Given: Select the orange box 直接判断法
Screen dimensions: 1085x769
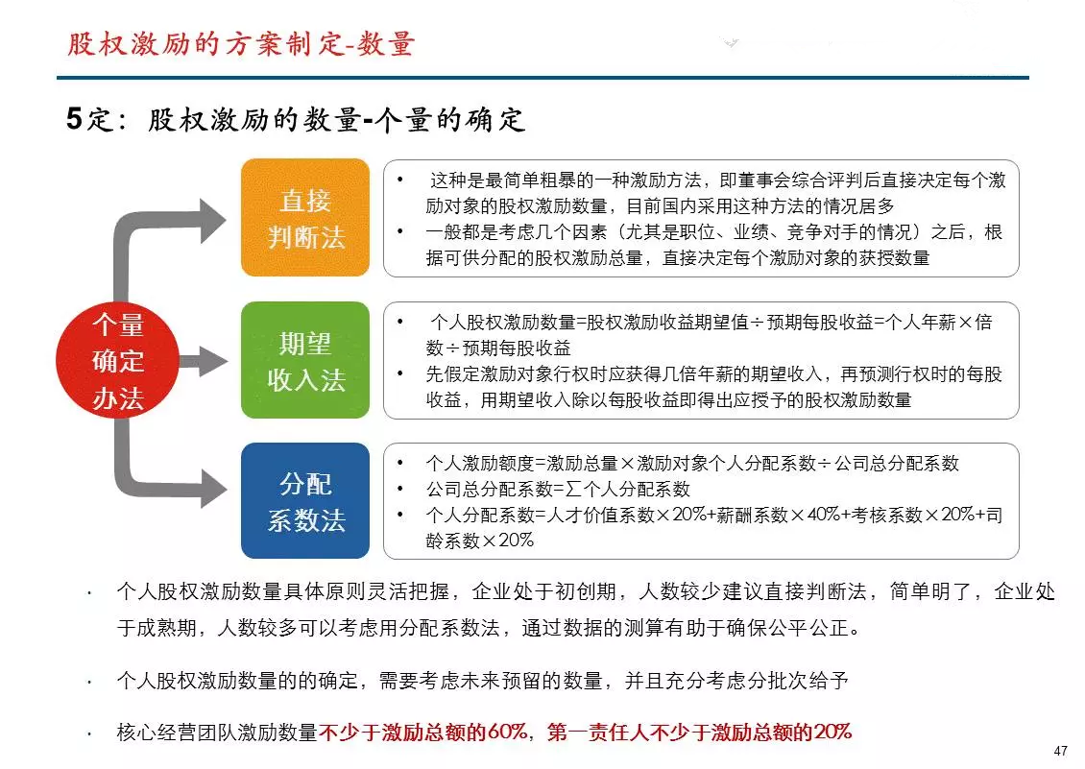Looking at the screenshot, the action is click(305, 217).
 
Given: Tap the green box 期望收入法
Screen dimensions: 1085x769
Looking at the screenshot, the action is click(305, 360).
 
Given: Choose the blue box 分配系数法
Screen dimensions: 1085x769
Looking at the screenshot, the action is click(305, 500).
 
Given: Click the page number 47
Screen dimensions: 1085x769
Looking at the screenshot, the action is click(1060, 751).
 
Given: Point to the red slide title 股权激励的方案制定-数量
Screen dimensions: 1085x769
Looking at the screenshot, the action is click(241, 44).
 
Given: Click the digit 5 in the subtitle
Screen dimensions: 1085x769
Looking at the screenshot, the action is click(74, 118).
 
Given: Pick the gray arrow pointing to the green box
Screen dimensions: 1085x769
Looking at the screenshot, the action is click(203, 361).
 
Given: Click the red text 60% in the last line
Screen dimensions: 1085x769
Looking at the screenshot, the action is click(508, 732).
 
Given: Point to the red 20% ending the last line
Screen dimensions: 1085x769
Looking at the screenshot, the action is click(832, 732).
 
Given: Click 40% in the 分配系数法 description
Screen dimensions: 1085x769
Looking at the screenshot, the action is click(823, 515).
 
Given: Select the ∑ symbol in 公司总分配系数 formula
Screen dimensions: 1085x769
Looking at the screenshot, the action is click(573, 489).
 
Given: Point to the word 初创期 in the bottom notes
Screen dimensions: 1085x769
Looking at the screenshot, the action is click(586, 591).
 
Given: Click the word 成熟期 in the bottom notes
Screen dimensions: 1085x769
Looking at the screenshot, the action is click(167, 628).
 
